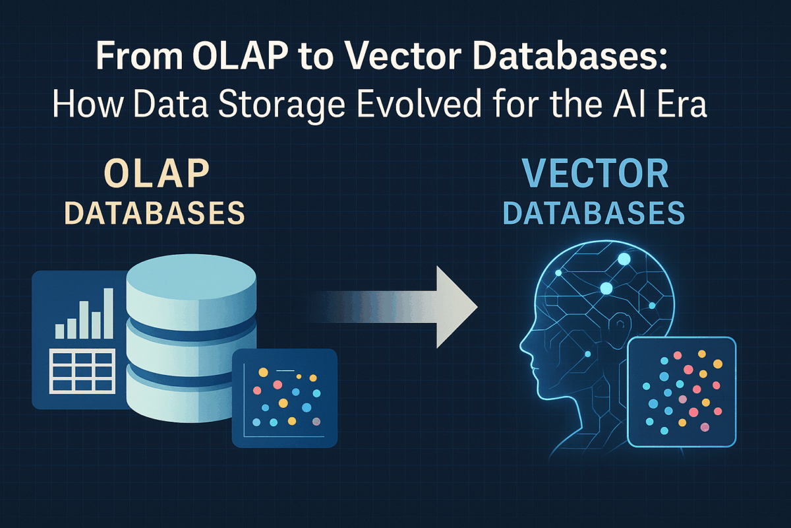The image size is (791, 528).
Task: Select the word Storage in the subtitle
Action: (281, 105)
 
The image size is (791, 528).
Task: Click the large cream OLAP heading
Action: (157, 174)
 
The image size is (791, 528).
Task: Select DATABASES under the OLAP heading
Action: (155, 213)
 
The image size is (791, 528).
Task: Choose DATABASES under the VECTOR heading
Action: (594, 213)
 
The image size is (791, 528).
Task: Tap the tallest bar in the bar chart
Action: (109, 313)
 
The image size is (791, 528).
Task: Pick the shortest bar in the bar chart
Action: (60, 331)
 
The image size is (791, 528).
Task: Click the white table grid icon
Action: (82, 371)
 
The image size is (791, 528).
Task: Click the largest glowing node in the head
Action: (624, 259)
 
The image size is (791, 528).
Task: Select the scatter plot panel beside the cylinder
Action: (285, 398)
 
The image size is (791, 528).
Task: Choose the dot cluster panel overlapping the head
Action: (682, 392)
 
